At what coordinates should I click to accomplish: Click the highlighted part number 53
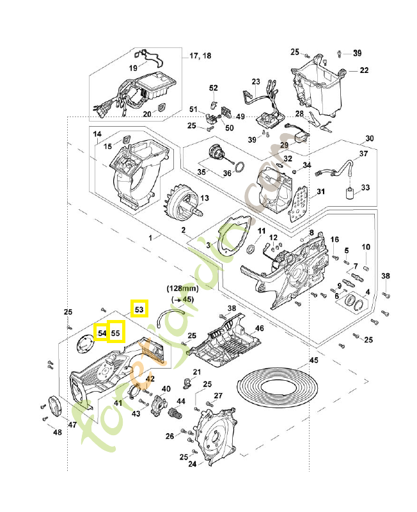click(x=139, y=308)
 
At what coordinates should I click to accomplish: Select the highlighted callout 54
click(x=101, y=333)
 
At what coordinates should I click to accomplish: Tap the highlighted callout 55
click(x=116, y=333)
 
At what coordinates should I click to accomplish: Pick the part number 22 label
click(x=363, y=70)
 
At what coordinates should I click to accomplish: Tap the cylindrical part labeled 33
click(x=349, y=194)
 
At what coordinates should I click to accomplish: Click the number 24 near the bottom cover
click(x=191, y=465)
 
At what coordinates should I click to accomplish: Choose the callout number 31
click(x=320, y=191)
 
